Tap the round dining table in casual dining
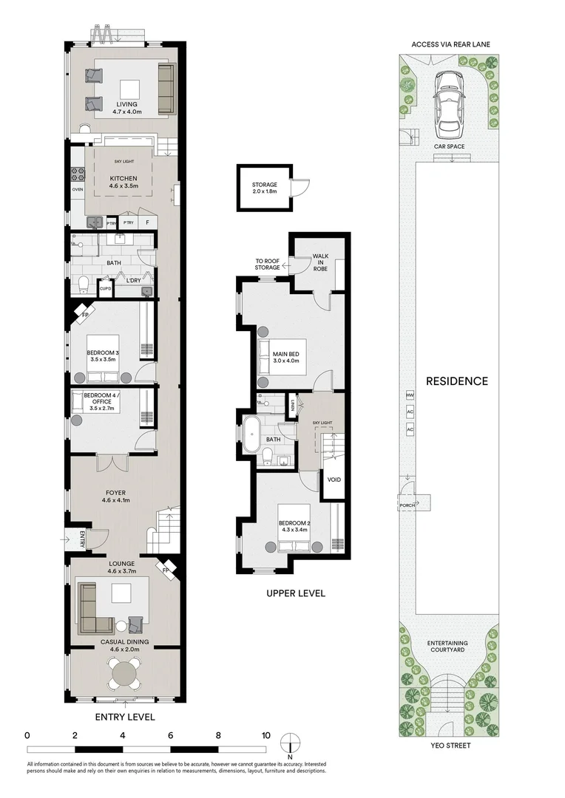click(124, 673)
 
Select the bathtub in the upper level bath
click(252, 436)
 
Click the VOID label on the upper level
click(334, 480)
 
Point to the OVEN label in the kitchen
click(78, 190)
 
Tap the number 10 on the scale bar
click(265, 735)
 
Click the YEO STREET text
click(452, 746)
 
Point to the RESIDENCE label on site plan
click(457, 381)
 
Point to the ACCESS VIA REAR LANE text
click(451, 44)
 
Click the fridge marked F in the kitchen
click(147, 222)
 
